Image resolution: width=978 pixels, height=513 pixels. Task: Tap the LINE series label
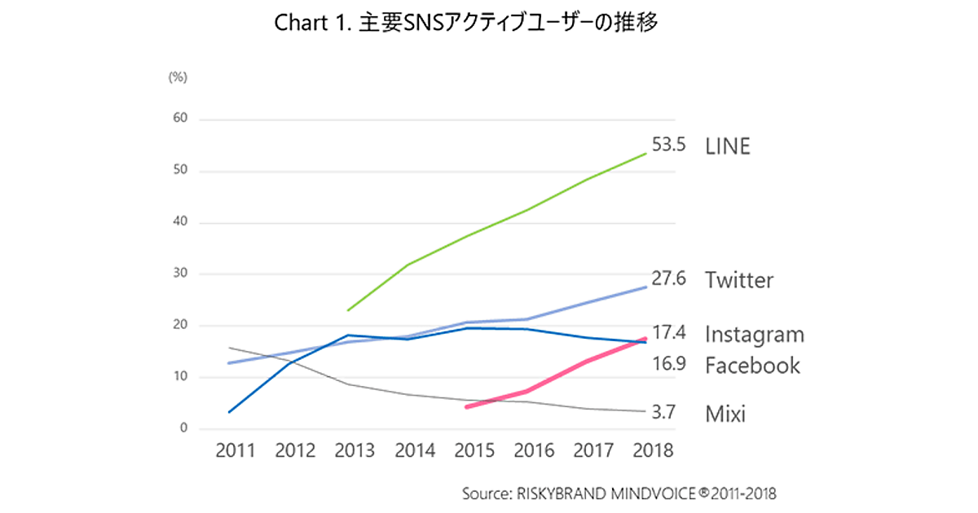pos(728,147)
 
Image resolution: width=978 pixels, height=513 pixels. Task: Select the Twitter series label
pos(739,281)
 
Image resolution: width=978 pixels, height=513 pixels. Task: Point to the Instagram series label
pos(755,335)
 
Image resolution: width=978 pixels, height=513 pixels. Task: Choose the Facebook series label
pos(752,366)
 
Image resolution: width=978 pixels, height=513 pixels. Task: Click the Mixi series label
pos(725,414)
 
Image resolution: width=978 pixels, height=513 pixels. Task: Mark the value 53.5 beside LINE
pos(668,147)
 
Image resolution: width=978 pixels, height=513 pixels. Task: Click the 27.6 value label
pos(668,279)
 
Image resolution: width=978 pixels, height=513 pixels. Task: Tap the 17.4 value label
pos(668,333)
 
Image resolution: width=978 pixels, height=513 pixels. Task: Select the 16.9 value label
pos(668,364)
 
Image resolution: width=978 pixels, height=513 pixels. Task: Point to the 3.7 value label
pos(664,413)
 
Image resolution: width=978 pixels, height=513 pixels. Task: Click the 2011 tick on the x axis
pos(236,450)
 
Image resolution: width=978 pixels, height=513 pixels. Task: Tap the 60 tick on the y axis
pos(181,119)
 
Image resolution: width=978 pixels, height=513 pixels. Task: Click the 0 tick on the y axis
pos(184,428)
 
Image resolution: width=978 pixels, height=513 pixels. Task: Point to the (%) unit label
pos(178,77)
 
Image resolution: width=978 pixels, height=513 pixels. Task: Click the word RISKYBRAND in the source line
pos(555,493)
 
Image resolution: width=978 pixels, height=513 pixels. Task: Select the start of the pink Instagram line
pos(465,406)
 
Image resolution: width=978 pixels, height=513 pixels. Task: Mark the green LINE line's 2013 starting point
pos(348,310)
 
